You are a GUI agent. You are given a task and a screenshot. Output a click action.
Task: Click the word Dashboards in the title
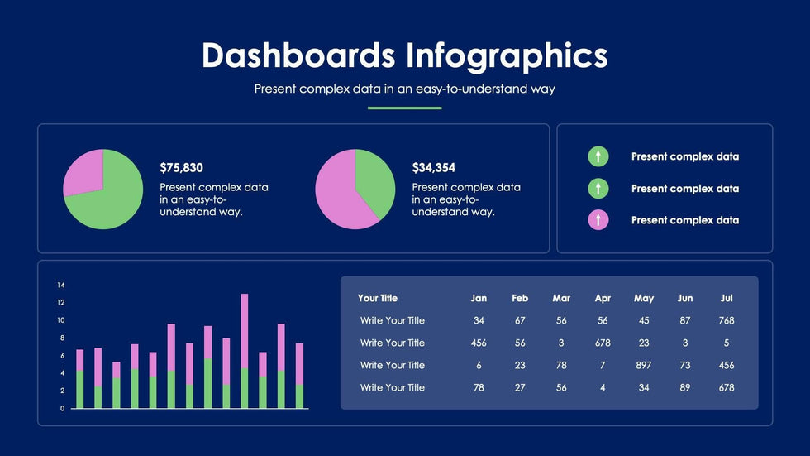[x=298, y=55]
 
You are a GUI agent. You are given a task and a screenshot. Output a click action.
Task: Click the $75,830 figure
[x=181, y=167]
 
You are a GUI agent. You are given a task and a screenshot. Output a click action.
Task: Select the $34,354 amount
[x=433, y=167]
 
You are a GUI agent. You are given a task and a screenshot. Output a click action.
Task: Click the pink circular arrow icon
[x=598, y=220]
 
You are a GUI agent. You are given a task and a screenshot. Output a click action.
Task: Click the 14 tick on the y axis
[x=61, y=285]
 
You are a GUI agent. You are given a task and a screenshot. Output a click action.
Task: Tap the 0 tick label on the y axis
[x=61, y=408]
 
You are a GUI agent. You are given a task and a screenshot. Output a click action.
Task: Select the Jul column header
[x=727, y=298]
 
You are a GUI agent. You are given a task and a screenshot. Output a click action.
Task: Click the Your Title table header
[x=378, y=298]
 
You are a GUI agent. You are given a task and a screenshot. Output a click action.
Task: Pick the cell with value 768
[x=727, y=320]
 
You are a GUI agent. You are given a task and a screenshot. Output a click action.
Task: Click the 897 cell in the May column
[x=644, y=365]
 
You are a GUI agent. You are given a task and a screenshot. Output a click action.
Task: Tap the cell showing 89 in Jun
[x=685, y=387]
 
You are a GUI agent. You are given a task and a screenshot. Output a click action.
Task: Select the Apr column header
[x=603, y=298]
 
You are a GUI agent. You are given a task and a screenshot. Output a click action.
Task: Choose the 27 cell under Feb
[x=520, y=387]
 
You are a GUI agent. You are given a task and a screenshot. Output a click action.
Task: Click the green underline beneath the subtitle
[x=404, y=108]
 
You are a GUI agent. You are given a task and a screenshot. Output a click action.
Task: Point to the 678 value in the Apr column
[x=603, y=343]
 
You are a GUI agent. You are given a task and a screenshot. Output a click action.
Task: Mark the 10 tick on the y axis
[x=61, y=320]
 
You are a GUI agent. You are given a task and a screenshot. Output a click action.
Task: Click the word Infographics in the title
[x=507, y=55]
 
